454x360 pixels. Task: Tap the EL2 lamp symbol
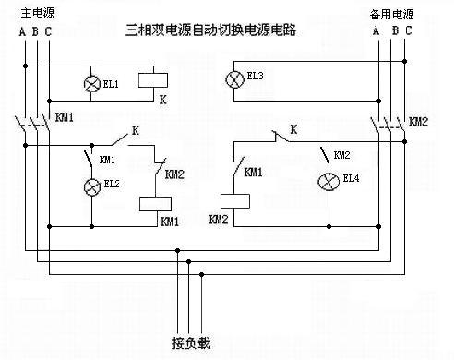pos(91,187)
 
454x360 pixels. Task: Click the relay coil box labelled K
pos(152,80)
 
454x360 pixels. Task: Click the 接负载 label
pos(191,343)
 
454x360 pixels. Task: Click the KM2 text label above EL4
pos(341,155)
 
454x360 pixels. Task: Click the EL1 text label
pos(112,85)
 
